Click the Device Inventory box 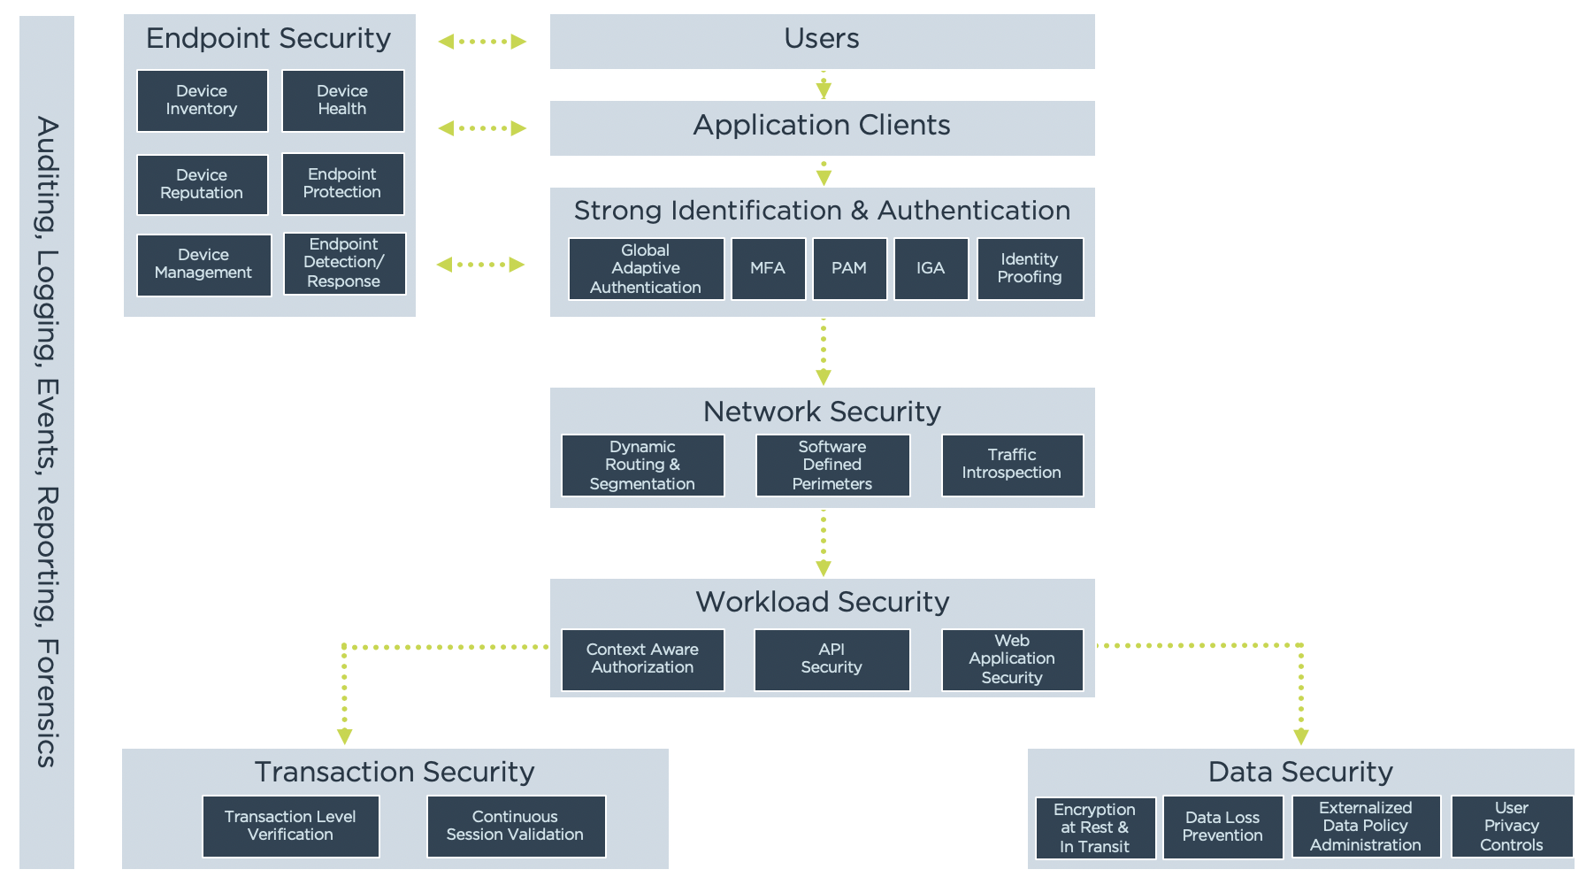coord(202,101)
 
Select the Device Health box coord(342,101)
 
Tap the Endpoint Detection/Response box coord(344,263)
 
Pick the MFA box coord(768,268)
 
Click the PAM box coord(849,268)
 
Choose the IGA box coord(931,268)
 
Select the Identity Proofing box coord(1030,268)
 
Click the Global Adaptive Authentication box coord(646,269)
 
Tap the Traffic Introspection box coord(1012,465)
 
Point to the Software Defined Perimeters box coord(832,466)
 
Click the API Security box coord(831,659)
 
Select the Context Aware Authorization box coord(642,659)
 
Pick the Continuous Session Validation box coord(516,826)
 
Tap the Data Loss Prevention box coord(1222,827)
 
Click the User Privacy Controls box coord(1512,827)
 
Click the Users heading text coord(822,39)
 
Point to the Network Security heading coord(822,412)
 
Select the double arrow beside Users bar coord(482,42)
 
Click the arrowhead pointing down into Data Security coord(1300,736)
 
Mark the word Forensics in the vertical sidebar coord(47,703)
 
